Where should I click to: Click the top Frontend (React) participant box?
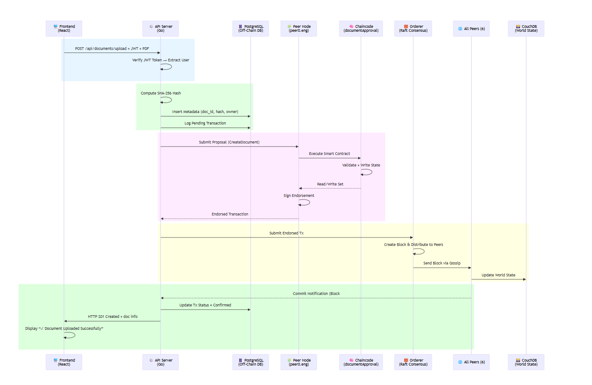click(x=64, y=29)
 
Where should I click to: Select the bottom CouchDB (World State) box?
click(x=526, y=362)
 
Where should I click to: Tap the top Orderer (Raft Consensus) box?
click(x=413, y=29)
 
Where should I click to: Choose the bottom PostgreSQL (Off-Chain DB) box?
click(x=250, y=362)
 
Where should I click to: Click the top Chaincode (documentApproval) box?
click(x=361, y=29)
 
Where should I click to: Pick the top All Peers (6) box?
click(x=471, y=29)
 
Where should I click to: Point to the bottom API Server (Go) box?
click(x=160, y=362)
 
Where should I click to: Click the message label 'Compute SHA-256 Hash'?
click(x=161, y=93)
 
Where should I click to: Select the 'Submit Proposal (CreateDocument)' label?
click(x=229, y=142)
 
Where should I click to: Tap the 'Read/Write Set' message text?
click(x=330, y=184)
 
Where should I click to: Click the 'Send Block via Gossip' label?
click(x=442, y=263)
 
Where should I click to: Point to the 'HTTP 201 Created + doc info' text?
click(x=112, y=317)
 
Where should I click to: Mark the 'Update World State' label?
click(x=498, y=275)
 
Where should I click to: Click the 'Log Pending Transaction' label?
click(x=205, y=123)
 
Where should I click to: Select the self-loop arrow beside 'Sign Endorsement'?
click(x=305, y=202)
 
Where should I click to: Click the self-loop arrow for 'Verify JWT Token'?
click(x=167, y=67)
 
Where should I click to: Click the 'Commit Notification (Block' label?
click(x=316, y=294)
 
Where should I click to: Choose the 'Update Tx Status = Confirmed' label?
click(x=205, y=305)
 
